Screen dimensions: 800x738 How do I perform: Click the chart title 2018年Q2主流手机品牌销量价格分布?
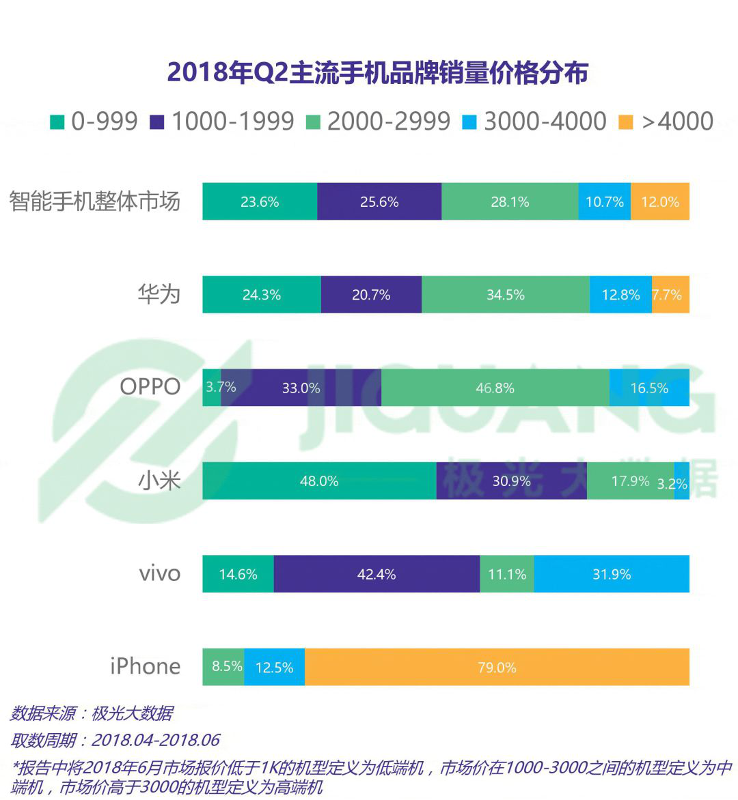(x=377, y=73)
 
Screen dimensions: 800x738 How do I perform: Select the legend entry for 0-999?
(x=95, y=122)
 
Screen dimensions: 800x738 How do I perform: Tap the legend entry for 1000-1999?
(x=222, y=122)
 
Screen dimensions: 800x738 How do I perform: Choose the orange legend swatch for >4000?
(x=625, y=122)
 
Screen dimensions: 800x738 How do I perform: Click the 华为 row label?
(x=159, y=294)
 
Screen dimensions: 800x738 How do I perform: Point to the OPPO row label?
(x=150, y=387)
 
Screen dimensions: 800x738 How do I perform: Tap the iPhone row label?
(x=146, y=666)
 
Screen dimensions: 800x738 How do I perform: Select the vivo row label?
(x=160, y=573)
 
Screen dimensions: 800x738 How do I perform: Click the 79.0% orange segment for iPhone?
(x=497, y=667)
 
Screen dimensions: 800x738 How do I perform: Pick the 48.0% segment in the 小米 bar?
(x=319, y=481)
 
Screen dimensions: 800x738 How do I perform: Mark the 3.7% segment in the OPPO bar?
(x=212, y=388)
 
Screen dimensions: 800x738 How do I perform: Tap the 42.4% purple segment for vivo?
(x=377, y=574)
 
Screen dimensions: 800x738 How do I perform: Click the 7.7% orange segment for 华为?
(x=670, y=295)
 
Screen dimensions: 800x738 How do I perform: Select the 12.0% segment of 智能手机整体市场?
(x=659, y=201)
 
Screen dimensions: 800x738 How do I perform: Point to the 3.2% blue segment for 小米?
(x=681, y=481)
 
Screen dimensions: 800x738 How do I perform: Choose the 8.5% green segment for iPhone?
(x=223, y=667)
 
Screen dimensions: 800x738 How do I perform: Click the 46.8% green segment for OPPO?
(x=495, y=388)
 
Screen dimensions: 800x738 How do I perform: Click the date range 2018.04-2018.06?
(x=155, y=740)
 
